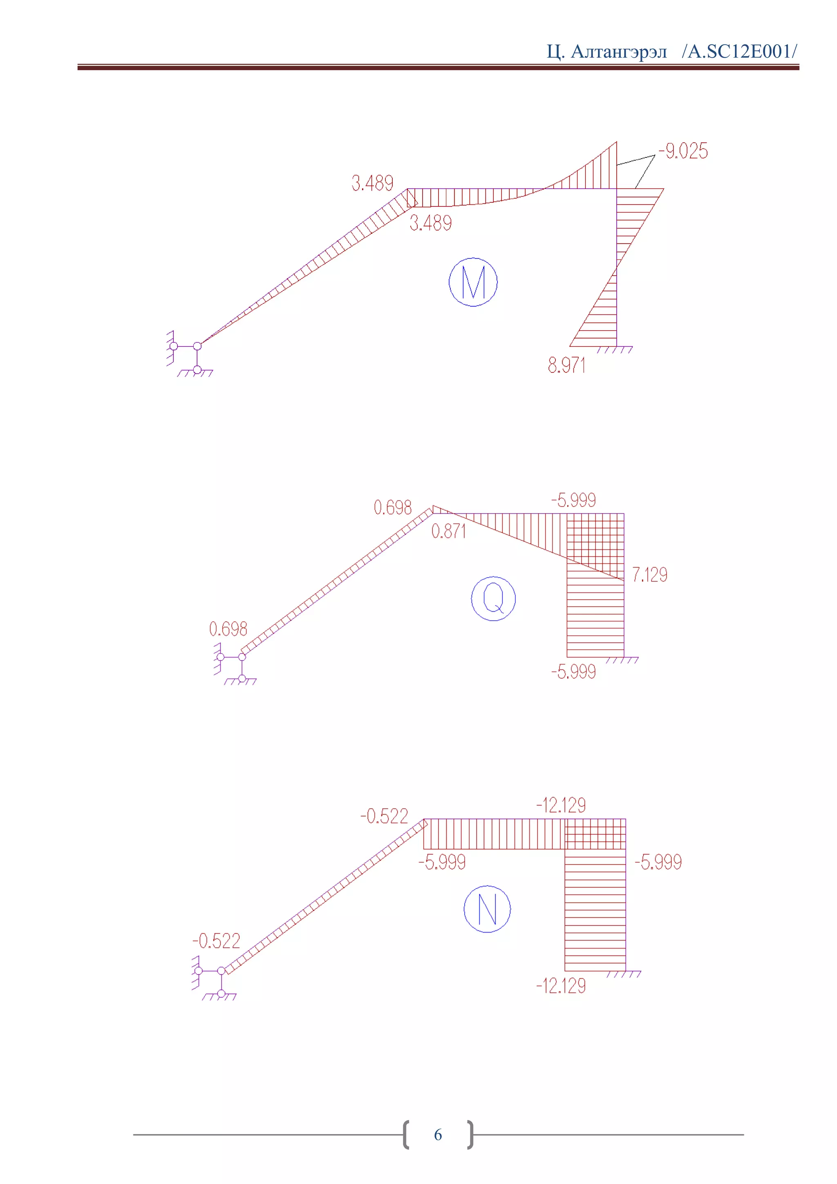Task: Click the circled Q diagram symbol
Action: pos(493,598)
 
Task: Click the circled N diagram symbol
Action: pos(487,908)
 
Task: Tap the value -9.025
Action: pos(683,151)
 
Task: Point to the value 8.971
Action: pos(566,365)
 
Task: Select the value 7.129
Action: pos(649,574)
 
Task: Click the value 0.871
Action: pos(448,531)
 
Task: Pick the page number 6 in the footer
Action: pos(438,1135)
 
